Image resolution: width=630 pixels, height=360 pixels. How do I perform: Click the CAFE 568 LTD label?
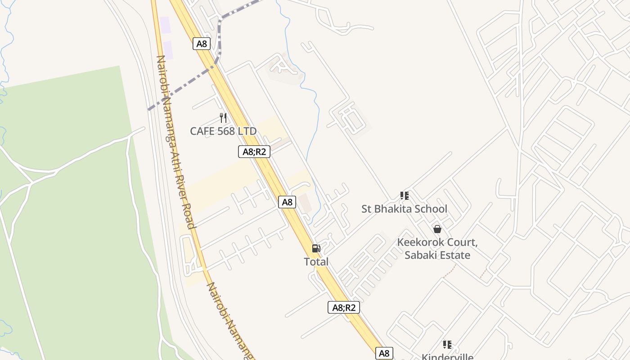(223, 131)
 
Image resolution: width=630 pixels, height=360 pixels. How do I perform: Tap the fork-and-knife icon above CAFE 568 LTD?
(223, 118)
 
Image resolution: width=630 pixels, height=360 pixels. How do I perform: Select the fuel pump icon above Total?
(316, 248)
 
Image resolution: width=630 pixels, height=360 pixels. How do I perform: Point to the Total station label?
(316, 262)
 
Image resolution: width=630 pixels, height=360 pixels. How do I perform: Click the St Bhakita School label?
(405, 209)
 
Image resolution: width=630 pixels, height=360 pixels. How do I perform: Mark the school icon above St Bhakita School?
(405, 196)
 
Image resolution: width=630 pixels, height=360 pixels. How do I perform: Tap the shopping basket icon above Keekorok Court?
(437, 229)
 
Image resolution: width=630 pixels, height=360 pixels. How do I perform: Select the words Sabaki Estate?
(437, 255)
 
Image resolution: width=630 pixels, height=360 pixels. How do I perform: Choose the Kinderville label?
(447, 357)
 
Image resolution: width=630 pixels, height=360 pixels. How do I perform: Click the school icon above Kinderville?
(447, 345)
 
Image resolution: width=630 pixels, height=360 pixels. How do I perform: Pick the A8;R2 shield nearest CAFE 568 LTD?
(254, 152)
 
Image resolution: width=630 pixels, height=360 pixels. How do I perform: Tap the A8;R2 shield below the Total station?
(344, 307)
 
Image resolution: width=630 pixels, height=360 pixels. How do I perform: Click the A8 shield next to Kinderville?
(384, 353)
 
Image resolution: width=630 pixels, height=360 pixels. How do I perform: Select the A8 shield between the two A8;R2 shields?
(287, 202)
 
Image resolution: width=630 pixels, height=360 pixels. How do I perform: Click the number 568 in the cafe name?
(229, 131)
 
